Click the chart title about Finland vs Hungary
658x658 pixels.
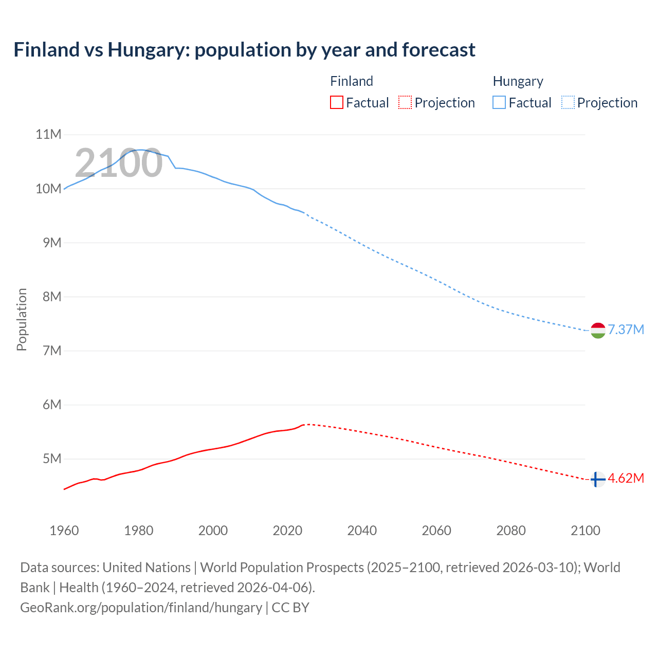[244, 50]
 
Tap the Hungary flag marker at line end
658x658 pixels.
[598, 330]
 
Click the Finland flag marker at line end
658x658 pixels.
[597, 479]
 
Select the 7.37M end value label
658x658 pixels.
[626, 330]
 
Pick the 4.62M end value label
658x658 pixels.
[626, 479]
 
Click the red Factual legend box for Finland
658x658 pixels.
[336, 103]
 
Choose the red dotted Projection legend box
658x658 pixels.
[405, 103]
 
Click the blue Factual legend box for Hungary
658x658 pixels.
[499, 103]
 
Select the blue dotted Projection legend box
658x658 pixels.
[568, 103]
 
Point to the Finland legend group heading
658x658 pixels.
[351, 81]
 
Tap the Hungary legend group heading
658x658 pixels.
[518, 81]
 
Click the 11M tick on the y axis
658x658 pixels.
[48, 135]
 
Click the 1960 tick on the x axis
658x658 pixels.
[64, 531]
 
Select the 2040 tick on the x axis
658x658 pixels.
[362, 531]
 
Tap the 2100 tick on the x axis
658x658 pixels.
[585, 531]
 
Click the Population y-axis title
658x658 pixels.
[22, 319]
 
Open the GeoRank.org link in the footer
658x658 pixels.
[141, 608]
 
